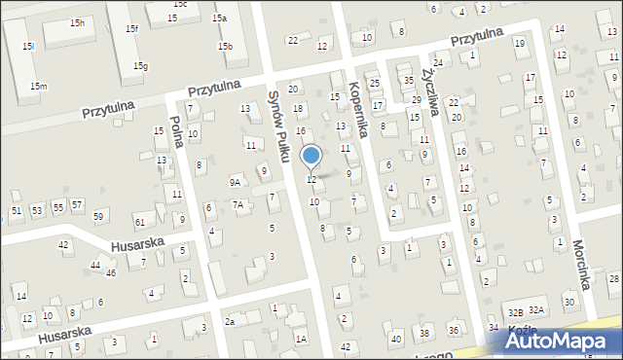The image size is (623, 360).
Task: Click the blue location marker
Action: (311, 156)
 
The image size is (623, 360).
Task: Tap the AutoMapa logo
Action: (563, 340)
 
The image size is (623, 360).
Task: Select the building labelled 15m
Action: (38, 87)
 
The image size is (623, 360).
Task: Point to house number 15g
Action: (141, 66)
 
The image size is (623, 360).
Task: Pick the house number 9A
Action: (235, 182)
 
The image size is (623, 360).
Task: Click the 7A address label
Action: (238, 204)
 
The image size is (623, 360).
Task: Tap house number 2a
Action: (230, 322)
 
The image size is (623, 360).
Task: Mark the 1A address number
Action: (302, 339)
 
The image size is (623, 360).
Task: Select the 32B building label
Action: (516, 312)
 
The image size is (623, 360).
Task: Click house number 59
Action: (98, 215)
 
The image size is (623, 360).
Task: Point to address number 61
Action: (140, 224)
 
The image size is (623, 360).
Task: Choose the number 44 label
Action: (95, 265)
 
